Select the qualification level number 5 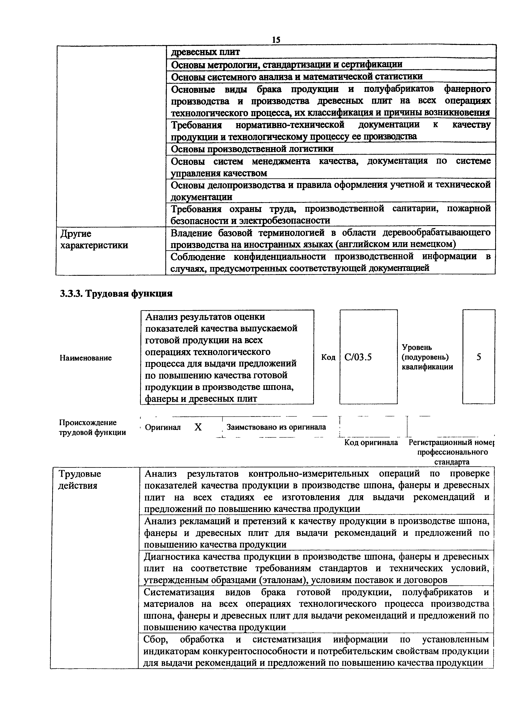[x=479, y=357]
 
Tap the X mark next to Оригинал [x=198, y=427]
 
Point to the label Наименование [x=86, y=358]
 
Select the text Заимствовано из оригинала [x=276, y=427]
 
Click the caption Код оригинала [x=371, y=442]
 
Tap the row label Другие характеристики [x=94, y=239]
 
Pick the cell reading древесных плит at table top [x=206, y=52]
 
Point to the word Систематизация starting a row [x=179, y=592]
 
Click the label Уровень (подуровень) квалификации [x=427, y=357]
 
